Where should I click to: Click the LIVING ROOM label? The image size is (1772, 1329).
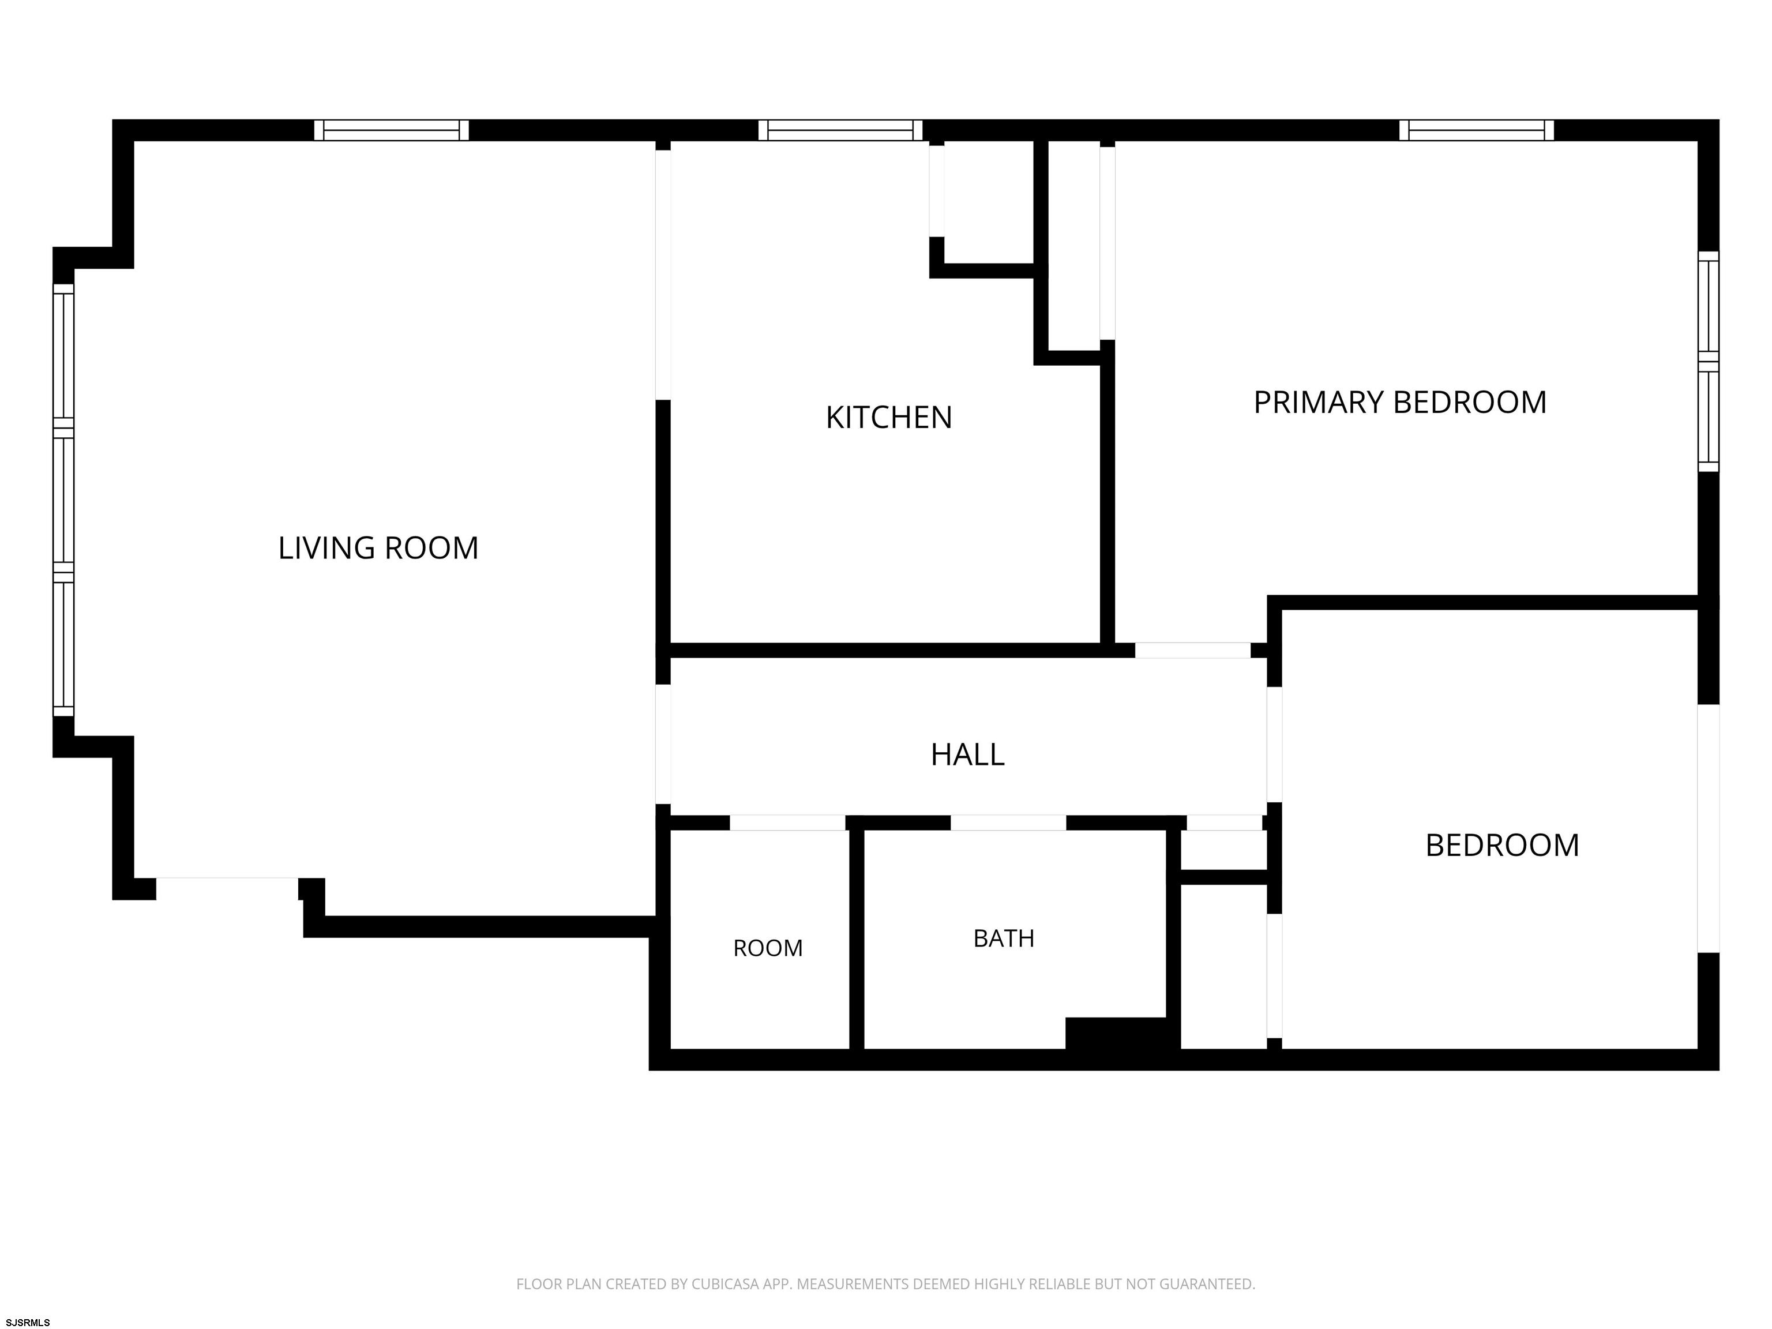[378, 548]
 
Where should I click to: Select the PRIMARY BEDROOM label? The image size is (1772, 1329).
[1399, 402]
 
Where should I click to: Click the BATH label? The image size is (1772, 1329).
[1004, 938]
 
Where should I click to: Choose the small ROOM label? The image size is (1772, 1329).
[767, 948]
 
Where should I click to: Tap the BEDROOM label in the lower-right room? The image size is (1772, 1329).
[1502, 845]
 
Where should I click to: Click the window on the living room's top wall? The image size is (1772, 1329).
[391, 130]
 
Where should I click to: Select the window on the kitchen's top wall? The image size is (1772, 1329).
[840, 130]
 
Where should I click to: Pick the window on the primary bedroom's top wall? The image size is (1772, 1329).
[1477, 130]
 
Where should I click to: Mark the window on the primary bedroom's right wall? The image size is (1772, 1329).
[1709, 361]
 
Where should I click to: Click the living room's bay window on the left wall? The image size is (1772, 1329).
[63, 500]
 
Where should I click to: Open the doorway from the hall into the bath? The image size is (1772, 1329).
[1008, 823]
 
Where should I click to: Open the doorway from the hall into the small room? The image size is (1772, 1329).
[787, 823]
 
